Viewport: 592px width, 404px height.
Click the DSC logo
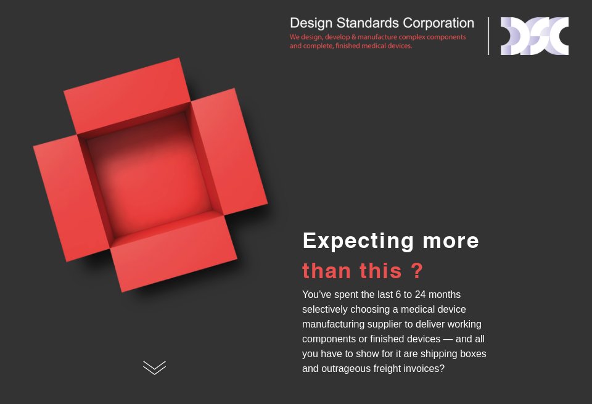[534, 36]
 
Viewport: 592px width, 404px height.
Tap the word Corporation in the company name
[438, 23]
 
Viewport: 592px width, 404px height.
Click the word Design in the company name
[311, 23]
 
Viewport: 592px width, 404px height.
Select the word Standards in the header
[368, 23]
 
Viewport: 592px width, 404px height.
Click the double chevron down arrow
[154, 368]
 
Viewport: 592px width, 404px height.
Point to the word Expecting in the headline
[358, 241]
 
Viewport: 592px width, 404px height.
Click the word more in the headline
[451, 241]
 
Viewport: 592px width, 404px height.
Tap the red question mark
[416, 270]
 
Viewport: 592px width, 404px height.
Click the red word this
[380, 271]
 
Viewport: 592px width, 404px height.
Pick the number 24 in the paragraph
[420, 294]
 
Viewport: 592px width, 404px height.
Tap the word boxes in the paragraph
[474, 354]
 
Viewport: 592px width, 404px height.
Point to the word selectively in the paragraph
[325, 310]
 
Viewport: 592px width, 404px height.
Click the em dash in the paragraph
[448, 339]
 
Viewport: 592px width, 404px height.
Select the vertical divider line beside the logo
[488, 36]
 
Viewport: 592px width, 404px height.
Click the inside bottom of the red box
[149, 175]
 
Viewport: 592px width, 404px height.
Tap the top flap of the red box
[127, 96]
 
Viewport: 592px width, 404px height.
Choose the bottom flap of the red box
[174, 252]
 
